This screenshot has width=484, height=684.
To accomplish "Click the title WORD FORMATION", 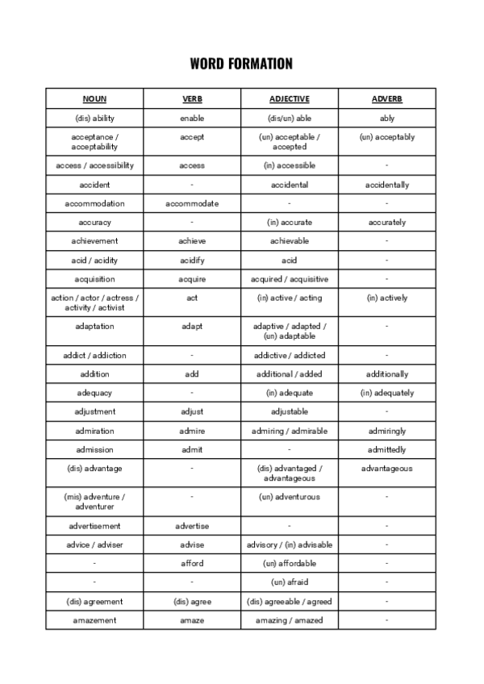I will pos(241,64).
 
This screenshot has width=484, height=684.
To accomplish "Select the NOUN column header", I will pos(94,99).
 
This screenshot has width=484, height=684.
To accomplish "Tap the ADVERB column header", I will pos(386,99).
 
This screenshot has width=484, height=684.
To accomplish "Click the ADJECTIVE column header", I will pos(289,99).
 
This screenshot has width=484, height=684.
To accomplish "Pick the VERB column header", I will pos(192,99).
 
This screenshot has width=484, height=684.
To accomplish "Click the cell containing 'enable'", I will pos(192,119).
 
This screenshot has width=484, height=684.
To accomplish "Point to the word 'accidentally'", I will pos(386,185).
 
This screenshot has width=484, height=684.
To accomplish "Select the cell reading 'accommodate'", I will pos(192,203).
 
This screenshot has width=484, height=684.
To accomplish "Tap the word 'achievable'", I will pos(289,241).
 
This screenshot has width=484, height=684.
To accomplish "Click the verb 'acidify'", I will pos(192,261).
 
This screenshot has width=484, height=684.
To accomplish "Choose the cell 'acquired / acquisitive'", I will pos(289,279).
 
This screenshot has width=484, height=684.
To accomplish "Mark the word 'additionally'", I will pos(386,374).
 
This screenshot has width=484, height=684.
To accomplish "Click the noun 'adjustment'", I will pos(94,411).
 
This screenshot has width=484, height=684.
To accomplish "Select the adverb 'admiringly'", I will pos(386,431).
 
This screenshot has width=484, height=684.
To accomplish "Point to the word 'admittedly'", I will pos(386,449).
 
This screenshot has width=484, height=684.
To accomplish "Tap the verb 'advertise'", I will pos(192,526).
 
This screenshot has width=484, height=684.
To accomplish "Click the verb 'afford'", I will pos(192,563).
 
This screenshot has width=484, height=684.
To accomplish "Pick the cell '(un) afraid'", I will pos(289,582).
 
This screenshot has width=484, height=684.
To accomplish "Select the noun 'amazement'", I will pos(94,619).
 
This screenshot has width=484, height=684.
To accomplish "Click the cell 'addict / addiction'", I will pos(94,355).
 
